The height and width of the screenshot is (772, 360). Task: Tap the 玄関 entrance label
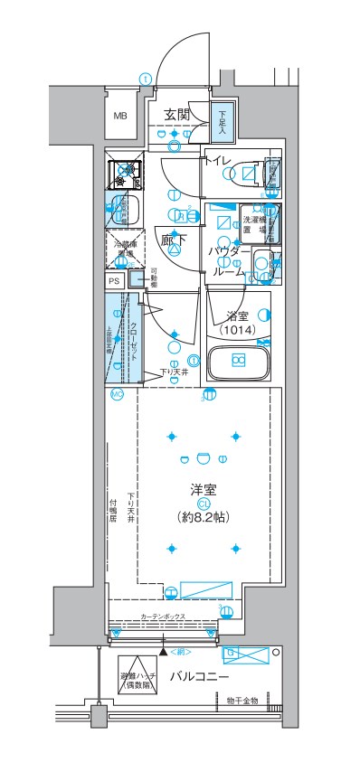pos(177,114)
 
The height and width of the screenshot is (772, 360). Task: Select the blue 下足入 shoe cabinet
pos(223,124)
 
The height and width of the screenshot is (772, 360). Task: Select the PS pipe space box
pos(114,281)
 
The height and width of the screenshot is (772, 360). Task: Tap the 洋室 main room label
pos(203,489)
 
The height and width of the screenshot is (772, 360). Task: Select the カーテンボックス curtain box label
pos(164,617)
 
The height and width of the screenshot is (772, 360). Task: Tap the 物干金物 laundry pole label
pos(242,700)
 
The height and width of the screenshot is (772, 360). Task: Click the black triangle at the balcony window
pos(164,650)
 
